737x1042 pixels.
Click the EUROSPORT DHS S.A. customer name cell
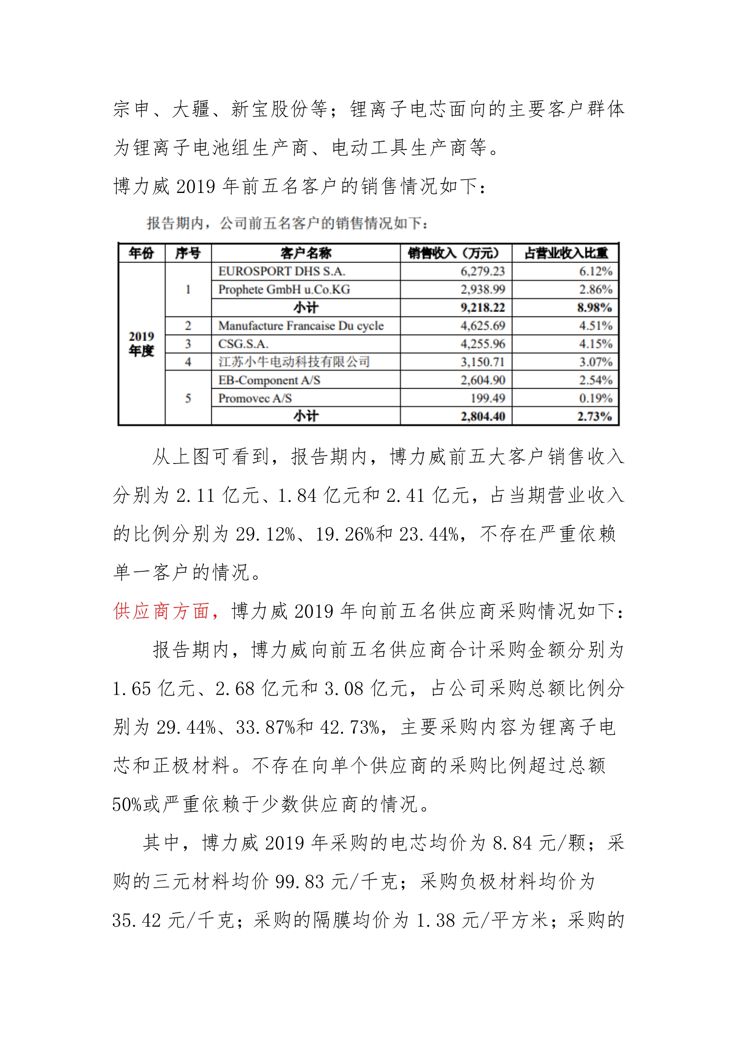[281, 271]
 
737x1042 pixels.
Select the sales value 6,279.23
[482, 271]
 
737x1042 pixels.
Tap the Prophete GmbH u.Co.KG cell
[284, 290]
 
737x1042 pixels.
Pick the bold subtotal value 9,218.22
[482, 308]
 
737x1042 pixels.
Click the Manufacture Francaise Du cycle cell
[301, 326]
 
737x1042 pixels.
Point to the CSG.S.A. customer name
[243, 344]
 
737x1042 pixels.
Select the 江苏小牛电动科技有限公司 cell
[294, 362]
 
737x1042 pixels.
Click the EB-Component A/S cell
[269, 380]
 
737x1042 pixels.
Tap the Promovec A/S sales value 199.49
[487, 398]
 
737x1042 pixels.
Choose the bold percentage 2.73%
[594, 417]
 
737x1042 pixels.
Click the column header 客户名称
[305, 253]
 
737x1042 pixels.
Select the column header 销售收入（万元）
[456, 253]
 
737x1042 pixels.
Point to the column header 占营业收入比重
[565, 253]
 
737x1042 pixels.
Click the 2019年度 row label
[141, 344]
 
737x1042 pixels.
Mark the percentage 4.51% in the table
[595, 326]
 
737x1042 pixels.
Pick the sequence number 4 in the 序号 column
[188, 362]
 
